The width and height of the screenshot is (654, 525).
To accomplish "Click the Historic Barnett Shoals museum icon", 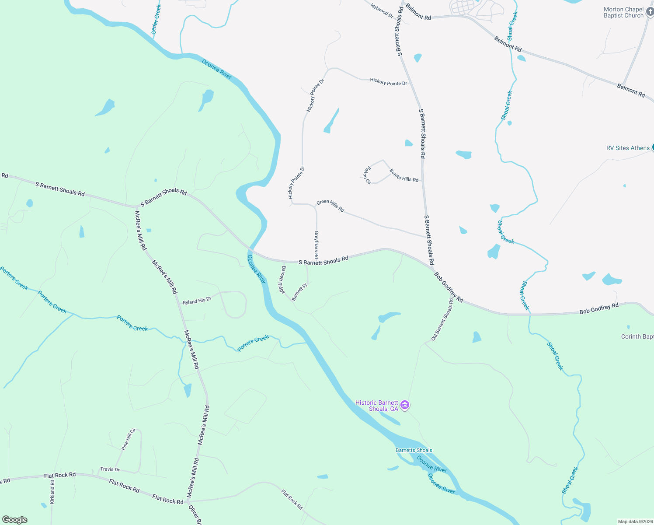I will click(x=405, y=406).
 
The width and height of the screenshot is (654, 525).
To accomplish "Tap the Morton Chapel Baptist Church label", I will click(x=623, y=12).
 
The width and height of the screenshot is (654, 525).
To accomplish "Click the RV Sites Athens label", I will click(x=628, y=148).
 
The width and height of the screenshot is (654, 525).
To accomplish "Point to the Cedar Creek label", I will click(x=156, y=20).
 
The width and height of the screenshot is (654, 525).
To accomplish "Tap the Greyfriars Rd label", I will click(x=317, y=245).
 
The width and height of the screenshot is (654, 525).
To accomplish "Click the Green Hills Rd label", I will click(x=330, y=206).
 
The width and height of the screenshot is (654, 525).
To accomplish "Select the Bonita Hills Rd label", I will click(x=404, y=176).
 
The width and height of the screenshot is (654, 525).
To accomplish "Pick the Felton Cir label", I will click(x=367, y=175).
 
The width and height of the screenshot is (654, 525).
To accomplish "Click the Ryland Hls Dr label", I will click(x=197, y=301).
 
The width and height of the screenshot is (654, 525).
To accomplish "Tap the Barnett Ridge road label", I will click(x=283, y=280).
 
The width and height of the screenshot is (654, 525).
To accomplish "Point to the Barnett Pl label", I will click(x=299, y=292).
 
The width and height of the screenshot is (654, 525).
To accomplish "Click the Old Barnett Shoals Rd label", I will click(x=442, y=320).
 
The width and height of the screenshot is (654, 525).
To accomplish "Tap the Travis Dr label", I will click(x=110, y=469).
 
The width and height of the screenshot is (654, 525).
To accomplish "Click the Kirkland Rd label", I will click(x=52, y=492).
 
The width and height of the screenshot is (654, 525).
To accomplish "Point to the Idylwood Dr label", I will click(x=382, y=11).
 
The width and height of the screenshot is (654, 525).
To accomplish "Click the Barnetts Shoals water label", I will click(x=414, y=450).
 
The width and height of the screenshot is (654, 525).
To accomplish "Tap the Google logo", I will click(x=14, y=520).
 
